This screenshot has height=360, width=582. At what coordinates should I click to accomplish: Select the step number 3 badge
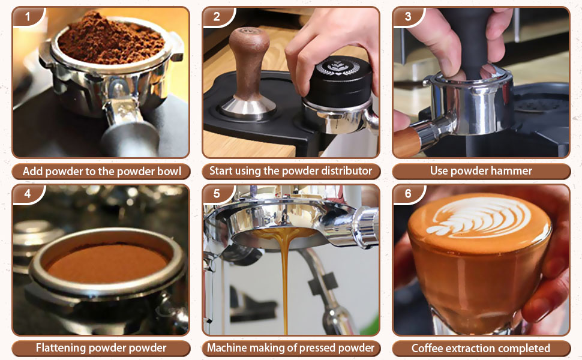[408, 16]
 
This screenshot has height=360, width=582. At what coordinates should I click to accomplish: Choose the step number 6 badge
[408, 194]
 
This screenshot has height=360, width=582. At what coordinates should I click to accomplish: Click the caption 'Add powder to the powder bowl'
[101, 171]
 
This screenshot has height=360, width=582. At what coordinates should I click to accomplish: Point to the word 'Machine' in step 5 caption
[226, 348]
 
